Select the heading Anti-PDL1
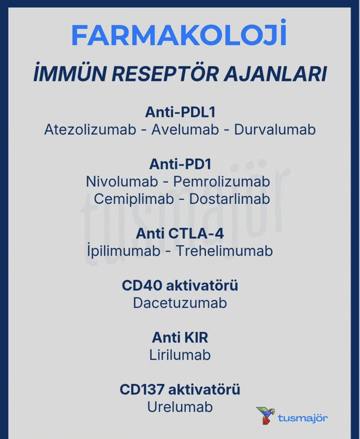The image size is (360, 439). (x=180, y=112)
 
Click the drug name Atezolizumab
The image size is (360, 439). (x=90, y=129)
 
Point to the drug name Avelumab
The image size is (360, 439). (x=185, y=129)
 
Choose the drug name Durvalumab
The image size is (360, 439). (x=275, y=129)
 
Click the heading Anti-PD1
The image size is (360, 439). (x=180, y=164)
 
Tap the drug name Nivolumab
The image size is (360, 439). (x=122, y=181)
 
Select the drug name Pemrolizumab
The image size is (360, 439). (x=222, y=182)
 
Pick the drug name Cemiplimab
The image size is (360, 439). (x=134, y=199)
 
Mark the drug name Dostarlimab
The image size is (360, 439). (x=230, y=199)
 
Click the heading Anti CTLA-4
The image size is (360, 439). (x=180, y=234)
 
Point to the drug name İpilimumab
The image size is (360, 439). (x=123, y=251)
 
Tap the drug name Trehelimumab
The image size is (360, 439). (x=224, y=251)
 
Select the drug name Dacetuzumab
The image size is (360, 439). (x=180, y=303)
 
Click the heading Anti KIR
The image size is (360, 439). (x=180, y=338)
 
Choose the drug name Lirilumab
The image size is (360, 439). (x=180, y=355)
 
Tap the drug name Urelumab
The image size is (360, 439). (x=180, y=407)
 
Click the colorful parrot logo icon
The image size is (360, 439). (x=265, y=415)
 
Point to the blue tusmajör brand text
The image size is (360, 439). (x=303, y=418)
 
